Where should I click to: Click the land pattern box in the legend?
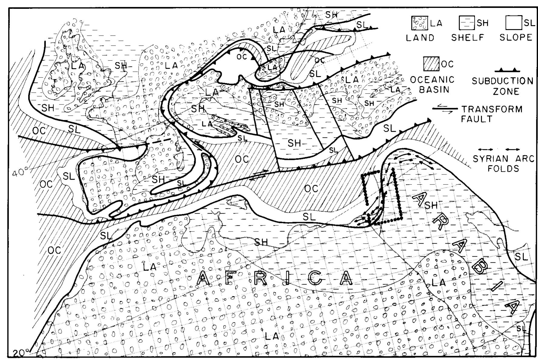[x=419, y=23]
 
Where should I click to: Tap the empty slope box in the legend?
[x=513, y=22]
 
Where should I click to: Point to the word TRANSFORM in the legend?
[x=492, y=109]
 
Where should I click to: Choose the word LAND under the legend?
[x=420, y=38]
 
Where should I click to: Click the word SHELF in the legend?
[x=468, y=38]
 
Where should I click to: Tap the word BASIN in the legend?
[x=430, y=90]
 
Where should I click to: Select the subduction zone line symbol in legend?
[x=507, y=71]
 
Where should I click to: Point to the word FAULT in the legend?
[x=477, y=119]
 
